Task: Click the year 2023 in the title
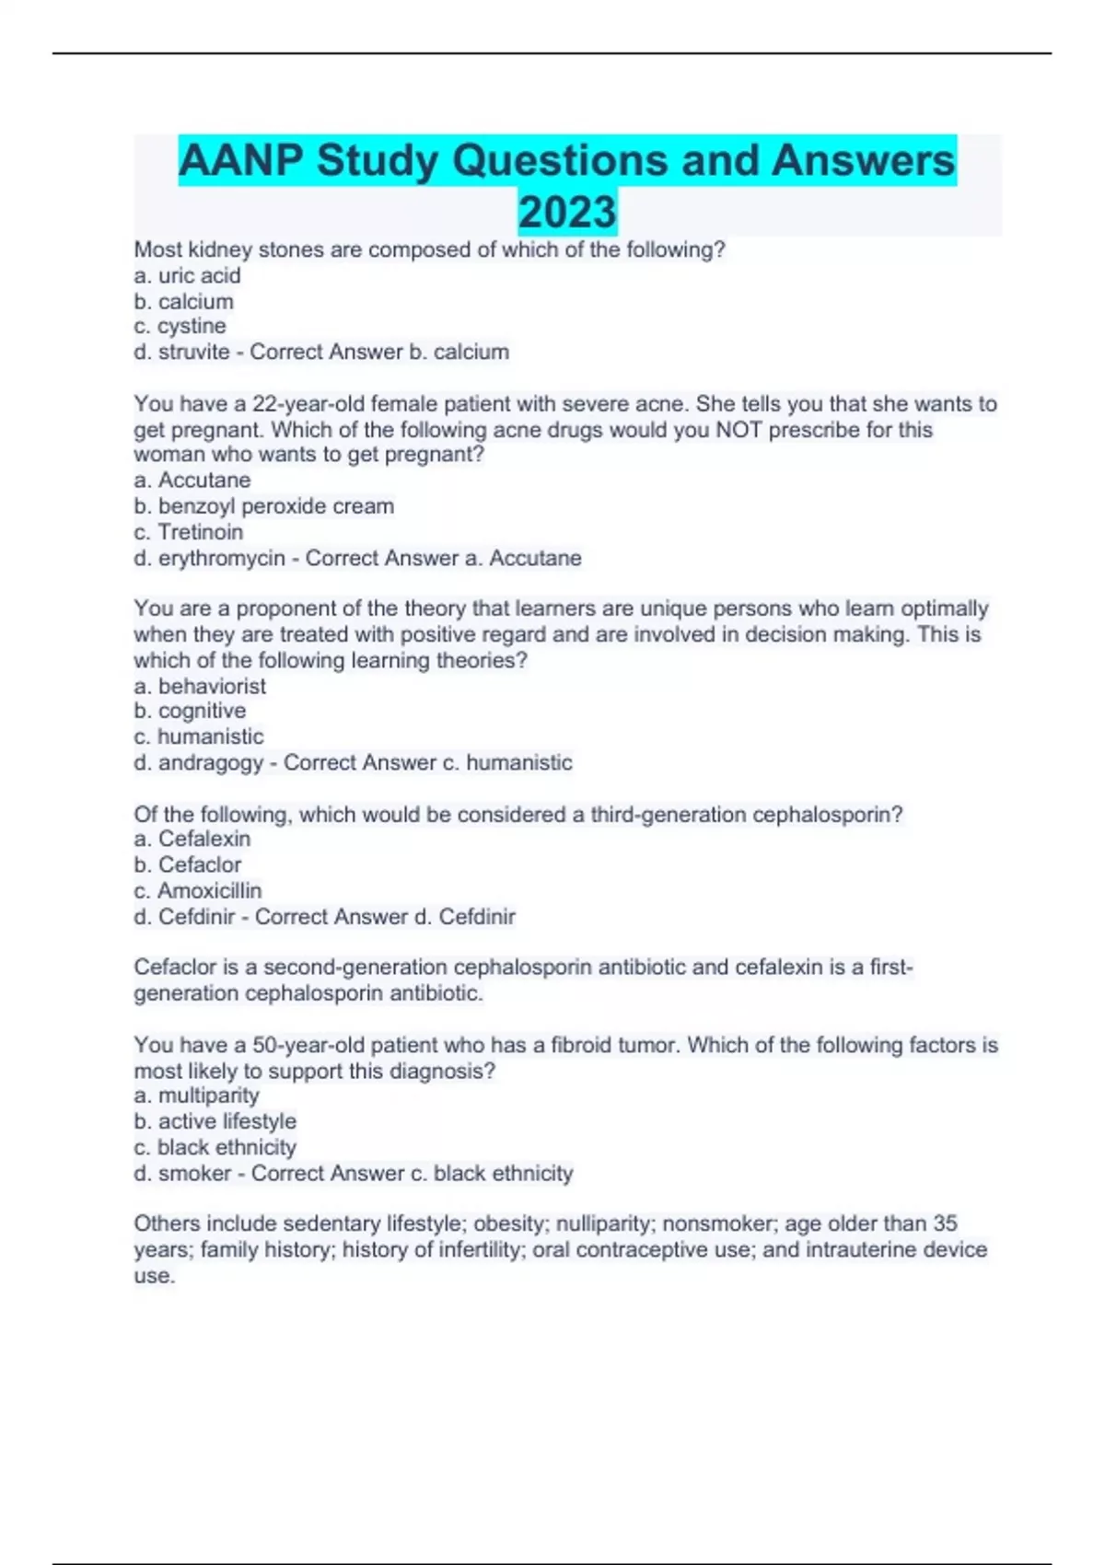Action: point(567,212)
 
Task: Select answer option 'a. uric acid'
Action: point(187,275)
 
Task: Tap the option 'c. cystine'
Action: point(180,326)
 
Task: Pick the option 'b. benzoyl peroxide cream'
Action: point(263,505)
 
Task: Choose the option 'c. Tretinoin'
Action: point(189,531)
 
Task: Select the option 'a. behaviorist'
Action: point(200,686)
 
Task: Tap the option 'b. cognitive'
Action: point(190,711)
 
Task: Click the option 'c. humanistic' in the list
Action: point(199,736)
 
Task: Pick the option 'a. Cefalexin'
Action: point(192,839)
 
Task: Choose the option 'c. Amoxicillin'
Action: point(198,890)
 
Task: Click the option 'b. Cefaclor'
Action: point(188,864)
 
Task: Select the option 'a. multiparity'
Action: point(196,1095)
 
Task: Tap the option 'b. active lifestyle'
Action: point(215,1121)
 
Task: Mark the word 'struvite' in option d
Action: point(194,352)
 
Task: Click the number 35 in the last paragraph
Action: point(945,1223)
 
